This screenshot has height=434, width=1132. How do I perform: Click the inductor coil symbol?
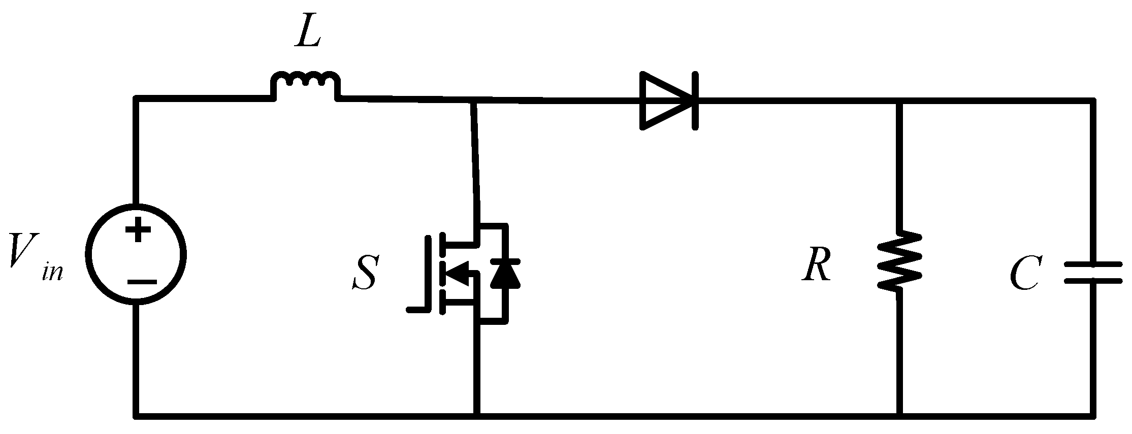[305, 84]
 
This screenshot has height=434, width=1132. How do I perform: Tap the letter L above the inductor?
[307, 34]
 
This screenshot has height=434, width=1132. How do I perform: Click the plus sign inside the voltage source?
[138, 231]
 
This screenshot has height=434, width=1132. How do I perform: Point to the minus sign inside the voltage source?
[142, 282]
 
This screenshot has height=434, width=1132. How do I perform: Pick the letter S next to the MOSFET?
[364, 273]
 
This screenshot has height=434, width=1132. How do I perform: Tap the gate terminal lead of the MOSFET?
[419, 309]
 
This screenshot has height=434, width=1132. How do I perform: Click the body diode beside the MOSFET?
[505, 274]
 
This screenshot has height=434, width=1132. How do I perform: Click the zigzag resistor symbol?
[899, 261]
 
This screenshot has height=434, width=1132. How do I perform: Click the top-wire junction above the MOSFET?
[473, 101]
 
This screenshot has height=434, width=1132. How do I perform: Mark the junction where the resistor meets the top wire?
[899, 101]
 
